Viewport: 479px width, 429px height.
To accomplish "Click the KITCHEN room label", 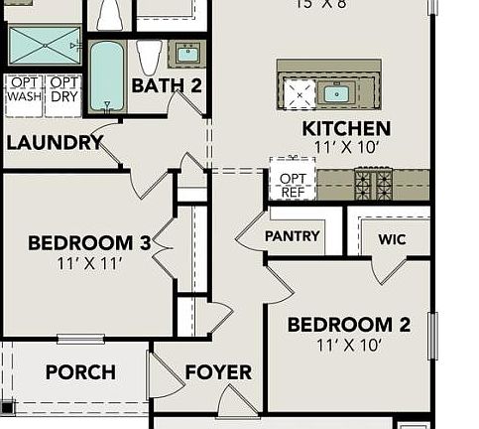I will [346, 128].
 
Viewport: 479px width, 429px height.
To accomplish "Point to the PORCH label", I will [80, 373].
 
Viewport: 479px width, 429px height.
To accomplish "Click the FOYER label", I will [218, 373].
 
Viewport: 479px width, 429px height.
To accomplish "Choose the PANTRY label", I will [293, 236].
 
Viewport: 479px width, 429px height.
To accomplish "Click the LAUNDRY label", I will [55, 142].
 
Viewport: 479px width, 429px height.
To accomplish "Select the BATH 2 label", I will [167, 85].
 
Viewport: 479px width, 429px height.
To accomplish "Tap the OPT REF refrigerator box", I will [293, 179].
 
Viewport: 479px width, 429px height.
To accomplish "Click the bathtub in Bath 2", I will [106, 75].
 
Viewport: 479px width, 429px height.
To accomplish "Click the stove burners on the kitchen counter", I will [374, 184].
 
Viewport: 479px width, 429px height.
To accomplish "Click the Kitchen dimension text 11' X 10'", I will [346, 148].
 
